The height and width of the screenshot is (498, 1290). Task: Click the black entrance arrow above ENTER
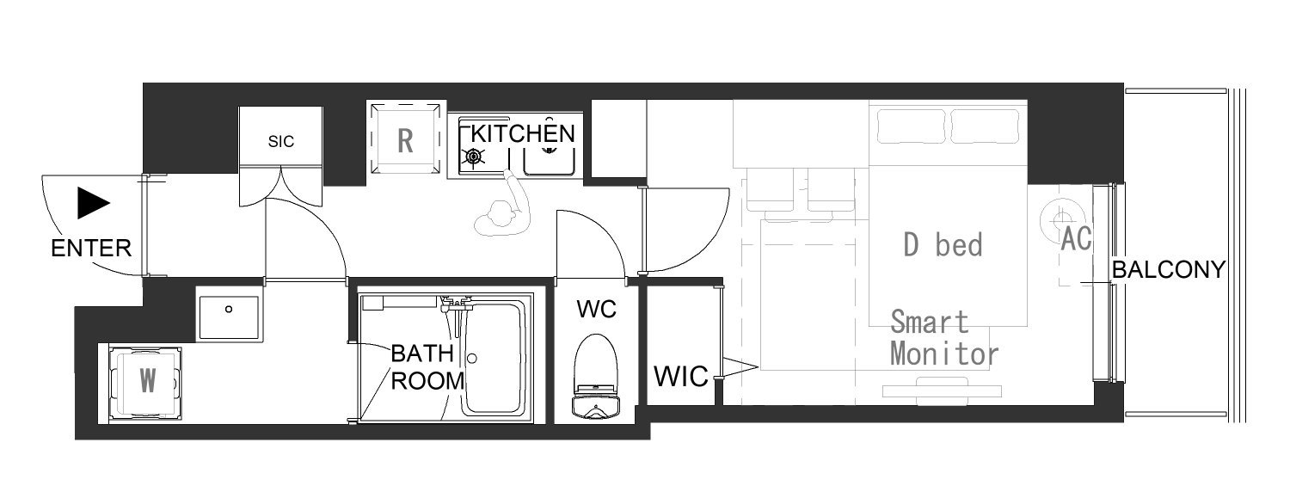click(x=92, y=203)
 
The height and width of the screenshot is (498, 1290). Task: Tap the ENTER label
click(x=91, y=248)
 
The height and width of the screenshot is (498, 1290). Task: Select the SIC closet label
click(x=281, y=142)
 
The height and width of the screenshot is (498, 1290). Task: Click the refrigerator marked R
click(x=405, y=139)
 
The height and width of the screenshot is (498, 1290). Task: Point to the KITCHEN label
click(x=523, y=133)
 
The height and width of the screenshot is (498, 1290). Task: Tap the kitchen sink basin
click(x=549, y=160)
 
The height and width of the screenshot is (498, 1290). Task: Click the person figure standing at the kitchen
click(x=503, y=207)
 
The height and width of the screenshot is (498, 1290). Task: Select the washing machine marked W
click(x=145, y=383)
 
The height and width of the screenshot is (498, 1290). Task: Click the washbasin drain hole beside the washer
click(x=229, y=309)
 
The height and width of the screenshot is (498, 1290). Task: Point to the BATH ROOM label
click(x=427, y=366)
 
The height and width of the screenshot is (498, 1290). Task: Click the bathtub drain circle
click(x=472, y=359)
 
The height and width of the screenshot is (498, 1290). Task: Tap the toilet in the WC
click(x=595, y=377)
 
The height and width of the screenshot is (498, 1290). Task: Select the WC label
click(x=597, y=310)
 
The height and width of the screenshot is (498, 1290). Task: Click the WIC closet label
click(x=681, y=377)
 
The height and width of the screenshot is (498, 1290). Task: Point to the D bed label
click(x=943, y=244)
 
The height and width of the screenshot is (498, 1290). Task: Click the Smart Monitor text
click(x=944, y=338)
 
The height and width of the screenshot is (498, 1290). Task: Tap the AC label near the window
click(x=1077, y=239)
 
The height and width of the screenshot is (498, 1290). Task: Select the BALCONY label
click(x=1169, y=269)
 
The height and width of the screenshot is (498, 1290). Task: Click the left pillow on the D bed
click(x=911, y=126)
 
